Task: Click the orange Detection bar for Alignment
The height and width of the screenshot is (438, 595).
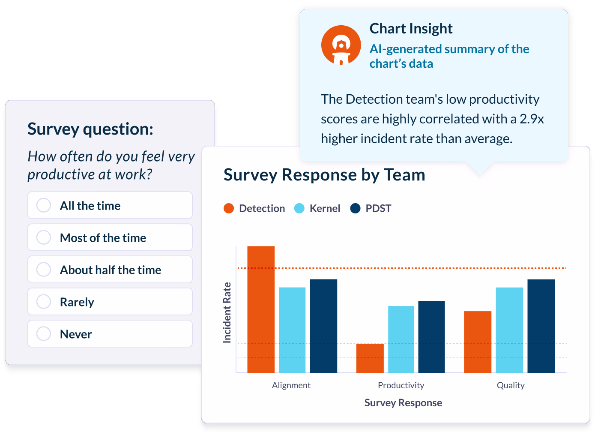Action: pyautogui.click(x=261, y=309)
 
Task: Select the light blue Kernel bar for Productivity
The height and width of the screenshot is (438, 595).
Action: pyautogui.click(x=401, y=339)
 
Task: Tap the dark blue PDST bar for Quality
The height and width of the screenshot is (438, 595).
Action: pyautogui.click(x=541, y=326)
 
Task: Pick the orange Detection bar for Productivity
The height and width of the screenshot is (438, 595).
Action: pyautogui.click(x=370, y=358)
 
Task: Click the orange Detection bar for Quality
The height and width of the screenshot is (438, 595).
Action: pyautogui.click(x=477, y=342)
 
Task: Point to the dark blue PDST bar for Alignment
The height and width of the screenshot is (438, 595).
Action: pyautogui.click(x=323, y=326)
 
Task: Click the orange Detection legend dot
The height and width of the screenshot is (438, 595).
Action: pyautogui.click(x=229, y=208)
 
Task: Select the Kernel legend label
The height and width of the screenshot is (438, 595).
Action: pyautogui.click(x=325, y=208)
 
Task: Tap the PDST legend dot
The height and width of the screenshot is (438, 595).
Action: pyautogui.click(x=355, y=208)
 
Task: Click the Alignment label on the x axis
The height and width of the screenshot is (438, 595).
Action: pyautogui.click(x=291, y=385)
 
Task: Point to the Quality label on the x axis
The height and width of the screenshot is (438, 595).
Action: pyautogui.click(x=510, y=385)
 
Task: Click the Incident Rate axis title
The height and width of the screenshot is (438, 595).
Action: pyautogui.click(x=227, y=312)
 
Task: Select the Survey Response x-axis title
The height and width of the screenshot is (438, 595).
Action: pyautogui.click(x=403, y=403)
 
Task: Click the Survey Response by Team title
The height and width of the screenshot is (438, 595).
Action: pyautogui.click(x=324, y=175)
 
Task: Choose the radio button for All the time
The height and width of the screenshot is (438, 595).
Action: pyautogui.click(x=44, y=205)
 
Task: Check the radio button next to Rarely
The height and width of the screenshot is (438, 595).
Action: pyautogui.click(x=44, y=302)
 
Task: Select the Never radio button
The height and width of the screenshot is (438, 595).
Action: pyautogui.click(x=44, y=334)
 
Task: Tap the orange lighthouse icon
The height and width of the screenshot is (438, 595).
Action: pyautogui.click(x=341, y=45)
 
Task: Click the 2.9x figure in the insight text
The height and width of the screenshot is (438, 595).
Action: pyautogui.click(x=532, y=119)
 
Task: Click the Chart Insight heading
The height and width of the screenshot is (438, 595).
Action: pyautogui.click(x=411, y=29)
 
